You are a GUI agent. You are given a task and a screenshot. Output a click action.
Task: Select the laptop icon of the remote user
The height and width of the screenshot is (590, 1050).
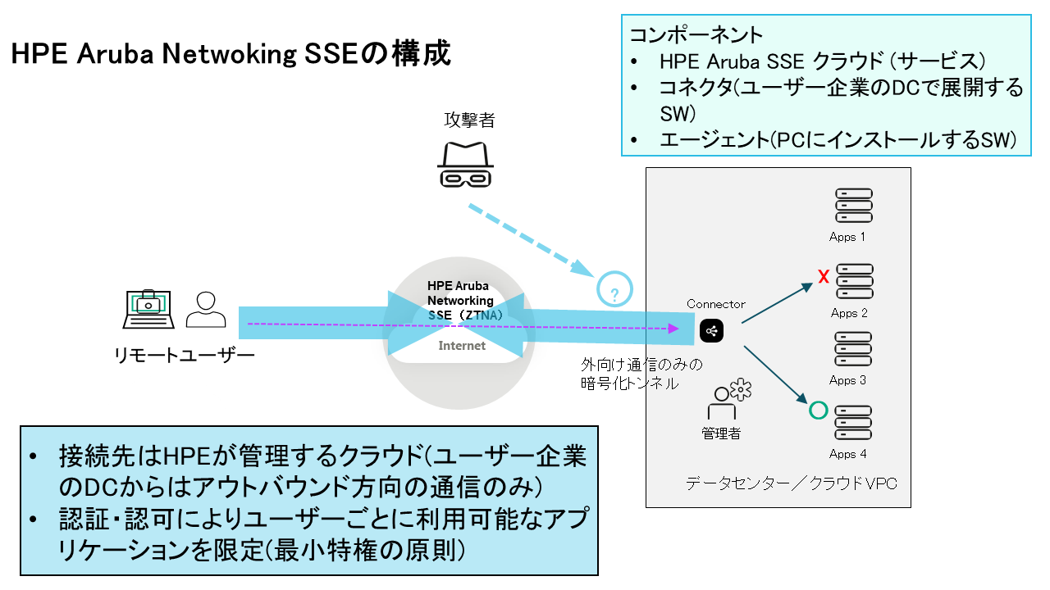click(147, 307)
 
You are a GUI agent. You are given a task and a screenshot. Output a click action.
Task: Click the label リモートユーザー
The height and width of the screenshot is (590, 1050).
click(185, 355)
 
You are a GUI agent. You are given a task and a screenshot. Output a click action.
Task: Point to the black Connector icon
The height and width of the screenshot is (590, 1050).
click(711, 330)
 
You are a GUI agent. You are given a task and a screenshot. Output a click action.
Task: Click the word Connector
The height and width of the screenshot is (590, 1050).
click(715, 304)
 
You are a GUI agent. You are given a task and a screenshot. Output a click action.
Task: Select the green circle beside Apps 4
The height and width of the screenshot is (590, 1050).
click(817, 410)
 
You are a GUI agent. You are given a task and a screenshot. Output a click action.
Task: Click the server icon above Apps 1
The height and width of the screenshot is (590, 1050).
click(853, 206)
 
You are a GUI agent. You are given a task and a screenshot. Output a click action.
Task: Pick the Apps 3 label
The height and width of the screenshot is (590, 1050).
click(847, 380)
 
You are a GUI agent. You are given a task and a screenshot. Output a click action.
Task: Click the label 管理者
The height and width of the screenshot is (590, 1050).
click(721, 433)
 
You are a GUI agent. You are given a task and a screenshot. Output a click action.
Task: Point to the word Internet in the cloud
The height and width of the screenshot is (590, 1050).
click(462, 346)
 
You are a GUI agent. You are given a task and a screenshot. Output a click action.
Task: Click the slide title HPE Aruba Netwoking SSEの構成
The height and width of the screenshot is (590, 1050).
click(231, 55)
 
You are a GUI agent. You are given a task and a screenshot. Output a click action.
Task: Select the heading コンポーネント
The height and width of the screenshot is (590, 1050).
click(696, 35)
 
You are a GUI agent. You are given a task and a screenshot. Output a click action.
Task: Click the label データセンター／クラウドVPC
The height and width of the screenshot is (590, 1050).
click(791, 483)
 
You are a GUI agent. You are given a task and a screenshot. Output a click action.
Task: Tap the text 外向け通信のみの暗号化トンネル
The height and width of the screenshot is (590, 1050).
click(641, 373)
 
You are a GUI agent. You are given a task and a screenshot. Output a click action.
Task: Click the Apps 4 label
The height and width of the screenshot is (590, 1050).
click(847, 454)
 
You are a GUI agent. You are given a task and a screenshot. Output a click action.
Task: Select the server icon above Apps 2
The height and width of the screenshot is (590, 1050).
click(853, 281)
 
